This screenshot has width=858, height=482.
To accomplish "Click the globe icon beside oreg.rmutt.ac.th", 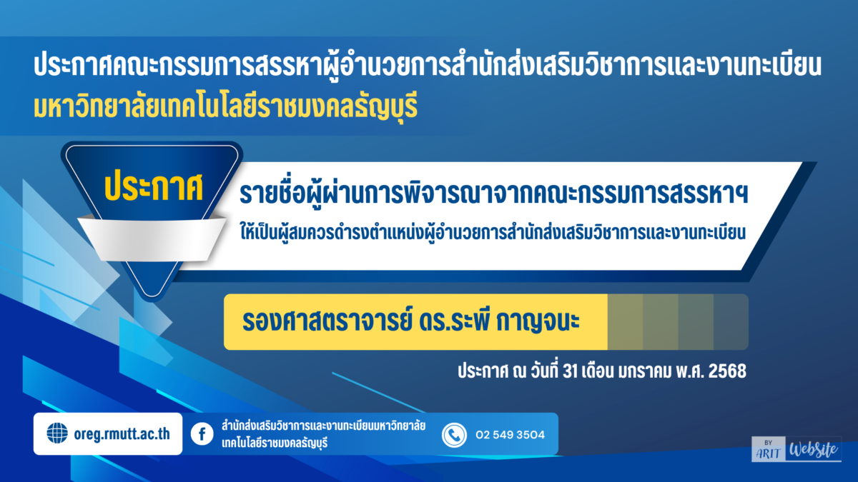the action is tap(57, 433).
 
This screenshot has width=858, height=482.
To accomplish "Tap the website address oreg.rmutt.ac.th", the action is tap(122, 434).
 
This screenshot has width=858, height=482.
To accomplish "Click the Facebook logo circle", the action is tap(202, 434).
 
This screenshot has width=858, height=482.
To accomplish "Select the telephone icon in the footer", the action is tap(454, 435).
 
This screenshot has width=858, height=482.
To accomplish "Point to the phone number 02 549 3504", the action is tap(510, 435).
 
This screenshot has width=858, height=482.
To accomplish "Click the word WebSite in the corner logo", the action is tap(813, 450).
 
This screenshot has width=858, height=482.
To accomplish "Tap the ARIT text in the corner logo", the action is tap(768, 453).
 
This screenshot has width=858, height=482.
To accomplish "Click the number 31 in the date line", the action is tap(570, 371).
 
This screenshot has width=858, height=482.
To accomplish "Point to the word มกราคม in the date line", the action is tap(645, 371).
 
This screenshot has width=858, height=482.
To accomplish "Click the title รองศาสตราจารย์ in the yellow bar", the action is tap(327, 321).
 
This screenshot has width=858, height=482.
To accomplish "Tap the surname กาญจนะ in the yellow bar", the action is tap(538, 322).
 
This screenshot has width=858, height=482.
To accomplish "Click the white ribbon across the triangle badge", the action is tap(152, 240).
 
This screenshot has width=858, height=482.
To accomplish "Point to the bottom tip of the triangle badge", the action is tap(152, 297).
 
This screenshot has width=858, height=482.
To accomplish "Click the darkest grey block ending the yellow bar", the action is tap(731, 322).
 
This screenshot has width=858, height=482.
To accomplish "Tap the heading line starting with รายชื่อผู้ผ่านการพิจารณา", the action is tap(493, 194).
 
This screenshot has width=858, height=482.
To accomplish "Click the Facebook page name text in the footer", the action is tap(323, 434).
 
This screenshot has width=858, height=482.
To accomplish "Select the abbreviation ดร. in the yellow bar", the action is tap(435, 321).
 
